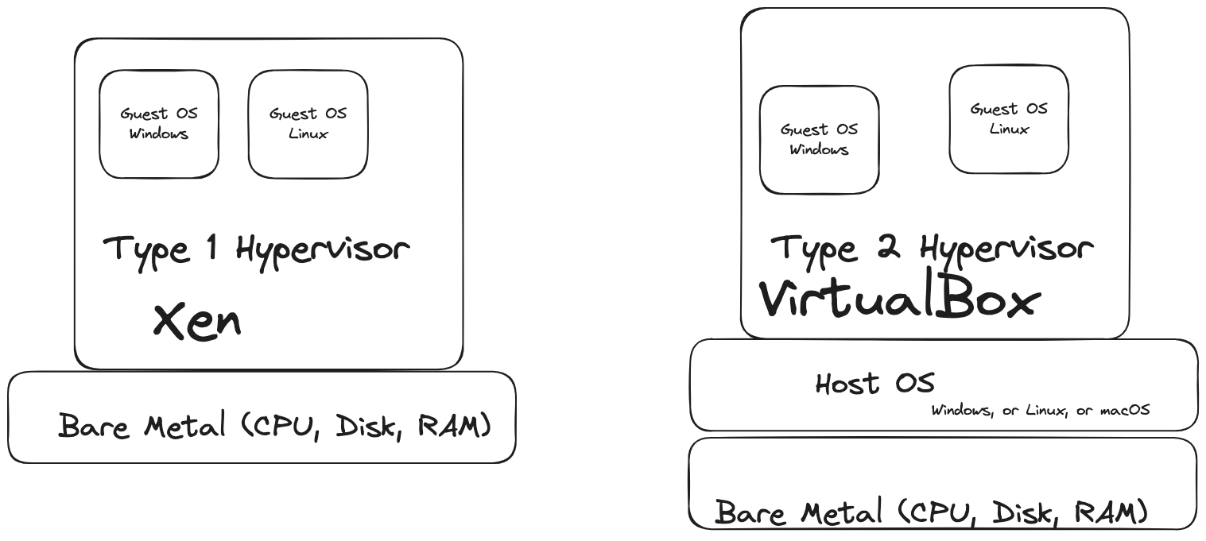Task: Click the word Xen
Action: tap(196, 322)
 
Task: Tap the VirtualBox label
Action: tap(900, 300)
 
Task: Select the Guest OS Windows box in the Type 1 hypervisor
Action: tap(159, 124)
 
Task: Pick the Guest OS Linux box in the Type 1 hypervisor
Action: tap(308, 124)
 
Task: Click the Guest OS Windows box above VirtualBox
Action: tap(819, 140)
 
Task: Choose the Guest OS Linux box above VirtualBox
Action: tap(1009, 119)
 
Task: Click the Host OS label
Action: tap(874, 384)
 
